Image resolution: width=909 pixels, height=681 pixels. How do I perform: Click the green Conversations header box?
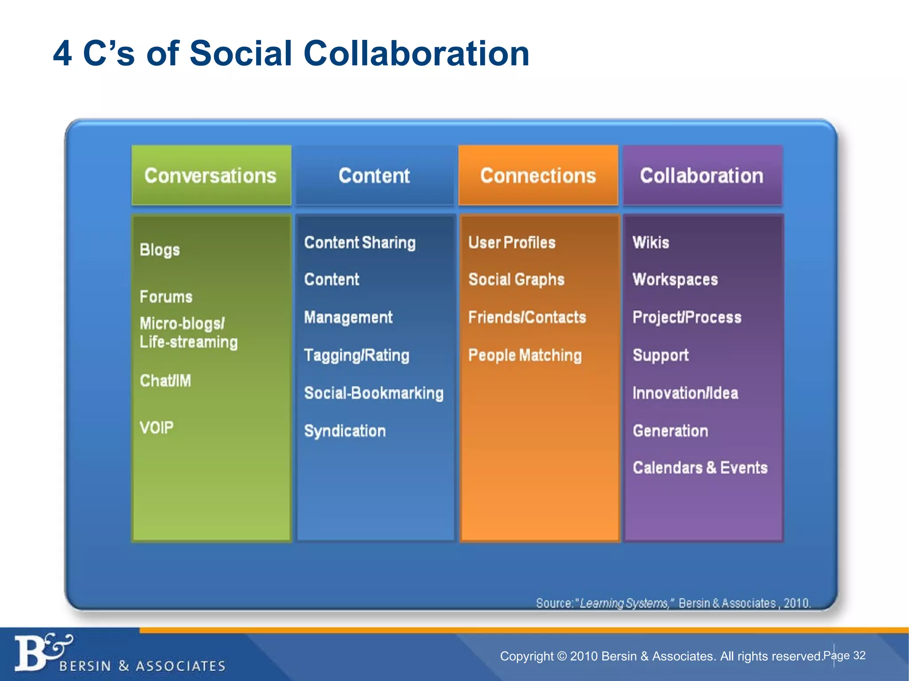point(211,176)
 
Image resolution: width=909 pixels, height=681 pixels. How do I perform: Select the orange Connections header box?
point(538,176)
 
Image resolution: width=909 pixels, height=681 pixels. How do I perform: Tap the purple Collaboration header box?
point(702,176)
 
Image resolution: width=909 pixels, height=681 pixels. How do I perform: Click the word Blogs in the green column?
point(160,250)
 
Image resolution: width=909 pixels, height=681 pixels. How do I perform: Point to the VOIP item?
point(157,428)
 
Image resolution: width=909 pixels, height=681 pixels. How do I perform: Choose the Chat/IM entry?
point(166,381)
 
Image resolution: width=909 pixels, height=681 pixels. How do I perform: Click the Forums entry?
point(166,297)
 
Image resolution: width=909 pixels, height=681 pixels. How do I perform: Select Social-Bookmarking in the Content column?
point(374,393)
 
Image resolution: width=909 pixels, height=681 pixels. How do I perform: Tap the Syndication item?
point(345,431)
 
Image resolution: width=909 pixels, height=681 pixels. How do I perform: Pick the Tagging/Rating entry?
point(356,356)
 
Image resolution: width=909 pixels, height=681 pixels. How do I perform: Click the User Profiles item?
point(512,243)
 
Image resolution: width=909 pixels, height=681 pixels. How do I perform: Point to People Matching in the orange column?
point(525,356)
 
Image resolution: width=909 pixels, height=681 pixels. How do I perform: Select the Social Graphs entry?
point(516,280)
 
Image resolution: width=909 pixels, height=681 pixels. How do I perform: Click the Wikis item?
point(651,243)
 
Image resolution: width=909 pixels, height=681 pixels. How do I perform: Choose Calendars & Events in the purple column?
point(700,468)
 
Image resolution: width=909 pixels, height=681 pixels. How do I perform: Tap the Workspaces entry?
point(675,280)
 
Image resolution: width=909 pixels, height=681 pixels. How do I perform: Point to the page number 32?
point(860,656)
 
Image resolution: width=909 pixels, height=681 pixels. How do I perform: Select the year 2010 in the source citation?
point(796,603)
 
